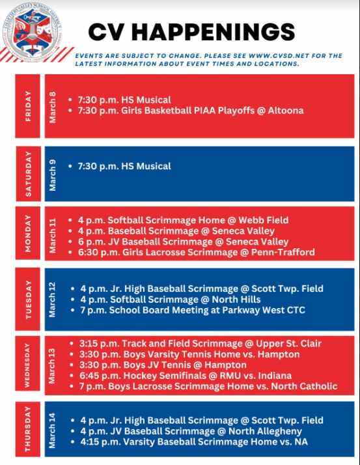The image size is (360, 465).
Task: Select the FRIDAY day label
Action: [x=28, y=105]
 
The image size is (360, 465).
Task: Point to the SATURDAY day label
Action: [x=28, y=174]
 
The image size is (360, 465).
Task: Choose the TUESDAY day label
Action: [x=28, y=300]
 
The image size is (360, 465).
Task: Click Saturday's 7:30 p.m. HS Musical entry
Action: [x=124, y=166]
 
